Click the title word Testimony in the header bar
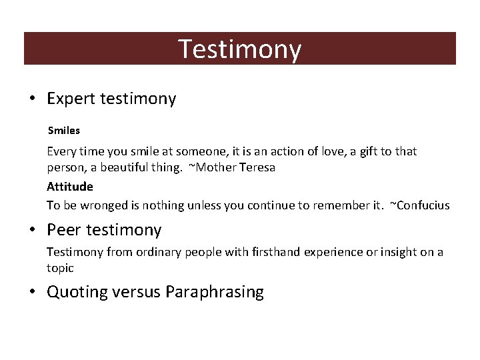coord(240,49)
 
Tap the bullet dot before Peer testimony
coord(32,231)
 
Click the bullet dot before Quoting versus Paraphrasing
coord(32,292)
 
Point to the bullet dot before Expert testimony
coord(32,99)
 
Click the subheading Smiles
coord(63,131)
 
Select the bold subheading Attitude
coord(69,187)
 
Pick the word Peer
coord(65,231)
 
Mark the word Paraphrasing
coord(215,292)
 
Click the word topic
coord(60,268)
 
